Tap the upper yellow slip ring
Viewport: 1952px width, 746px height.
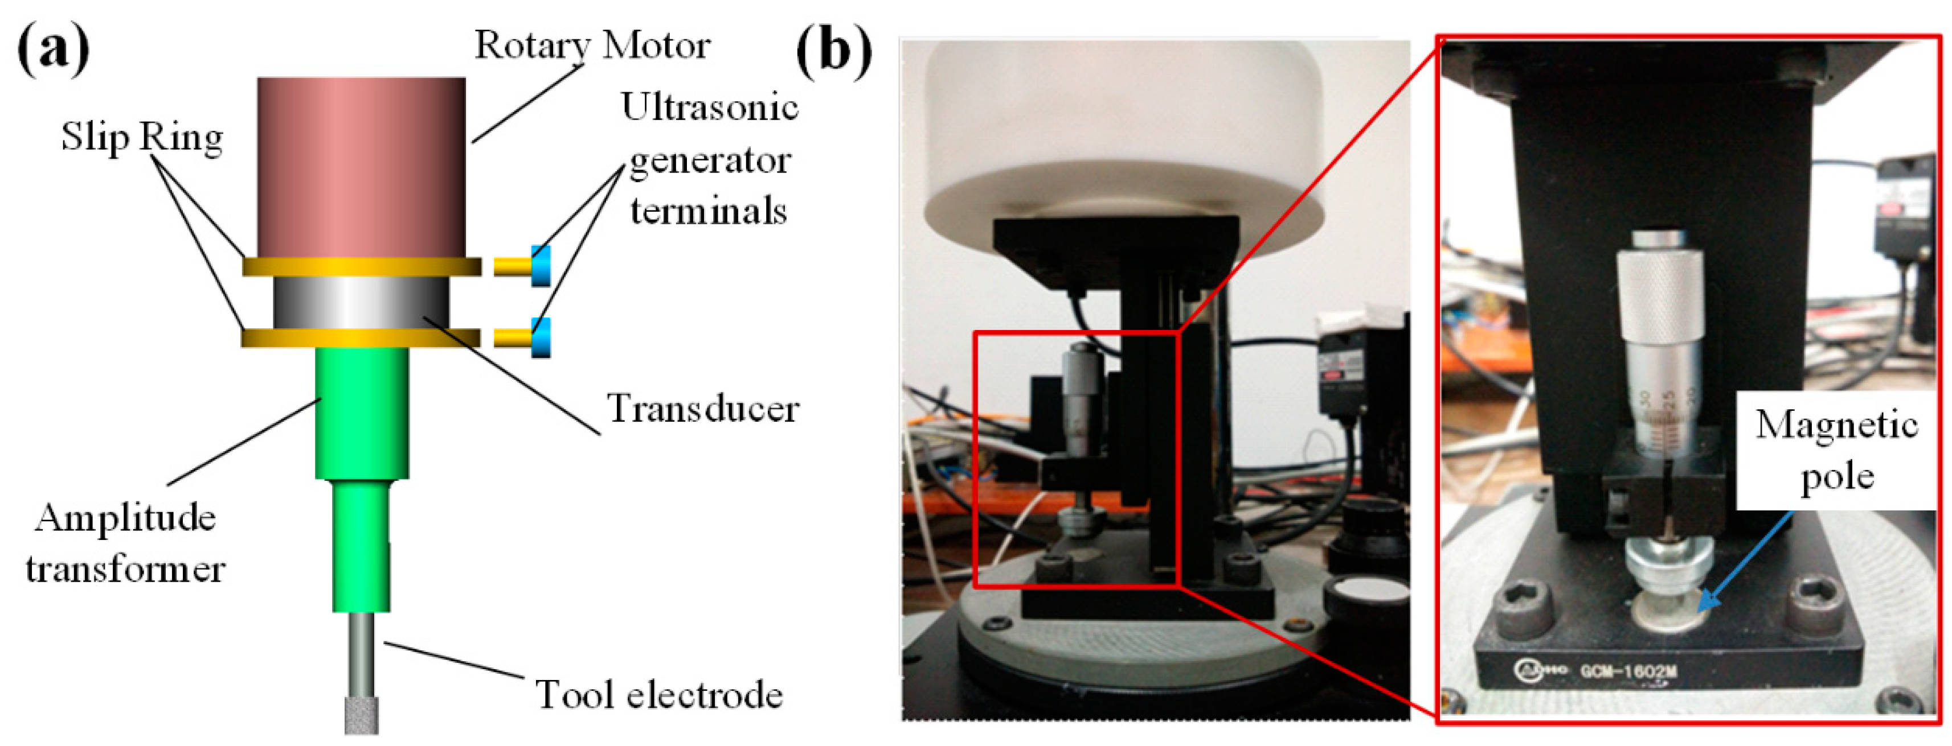pyautogui.click(x=362, y=266)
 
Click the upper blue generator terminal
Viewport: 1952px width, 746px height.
pyautogui.click(x=541, y=266)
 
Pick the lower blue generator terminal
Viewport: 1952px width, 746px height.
pyautogui.click(x=541, y=338)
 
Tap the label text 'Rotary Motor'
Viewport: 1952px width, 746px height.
pyautogui.click(x=592, y=46)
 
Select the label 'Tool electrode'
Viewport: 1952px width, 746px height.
pyautogui.click(x=658, y=694)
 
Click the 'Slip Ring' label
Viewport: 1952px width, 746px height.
pyautogui.click(x=142, y=137)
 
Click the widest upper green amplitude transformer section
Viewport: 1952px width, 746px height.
pyautogui.click(x=362, y=413)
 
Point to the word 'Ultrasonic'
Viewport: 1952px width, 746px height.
pyautogui.click(x=709, y=107)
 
